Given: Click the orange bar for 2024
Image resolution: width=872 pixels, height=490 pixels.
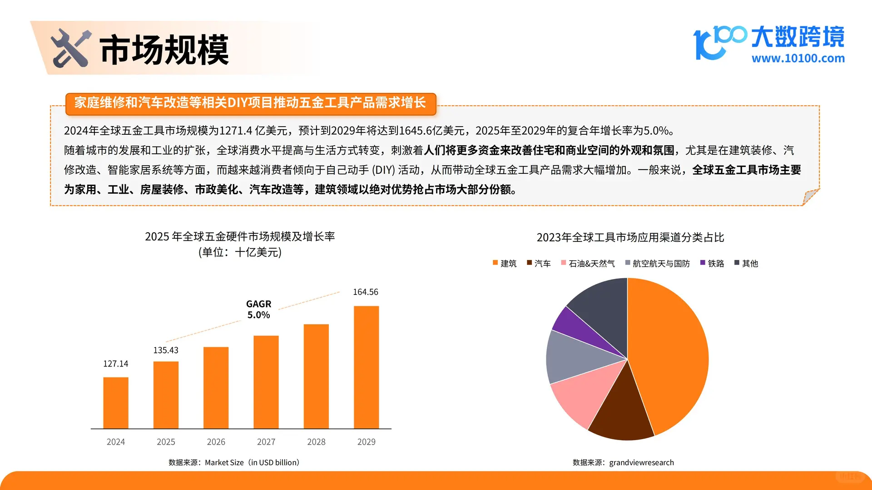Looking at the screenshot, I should (116, 402).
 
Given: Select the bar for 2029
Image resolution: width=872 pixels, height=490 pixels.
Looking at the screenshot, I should (366, 367).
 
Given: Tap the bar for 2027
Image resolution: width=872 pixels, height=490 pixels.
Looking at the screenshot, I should (266, 382).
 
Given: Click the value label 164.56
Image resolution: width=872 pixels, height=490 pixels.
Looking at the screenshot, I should (366, 292).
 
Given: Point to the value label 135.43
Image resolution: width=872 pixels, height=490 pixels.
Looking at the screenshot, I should (166, 350).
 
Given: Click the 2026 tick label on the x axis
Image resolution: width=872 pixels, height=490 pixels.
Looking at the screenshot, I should (216, 442).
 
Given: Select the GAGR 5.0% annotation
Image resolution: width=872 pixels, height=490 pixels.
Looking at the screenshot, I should (258, 309).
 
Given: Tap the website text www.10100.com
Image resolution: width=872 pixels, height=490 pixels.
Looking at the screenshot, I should (798, 58).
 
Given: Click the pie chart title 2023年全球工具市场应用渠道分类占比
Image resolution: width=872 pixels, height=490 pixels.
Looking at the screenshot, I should (630, 237).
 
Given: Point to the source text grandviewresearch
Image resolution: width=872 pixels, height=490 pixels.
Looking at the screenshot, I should (641, 462).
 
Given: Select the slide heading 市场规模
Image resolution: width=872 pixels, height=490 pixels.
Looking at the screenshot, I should (164, 49).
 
